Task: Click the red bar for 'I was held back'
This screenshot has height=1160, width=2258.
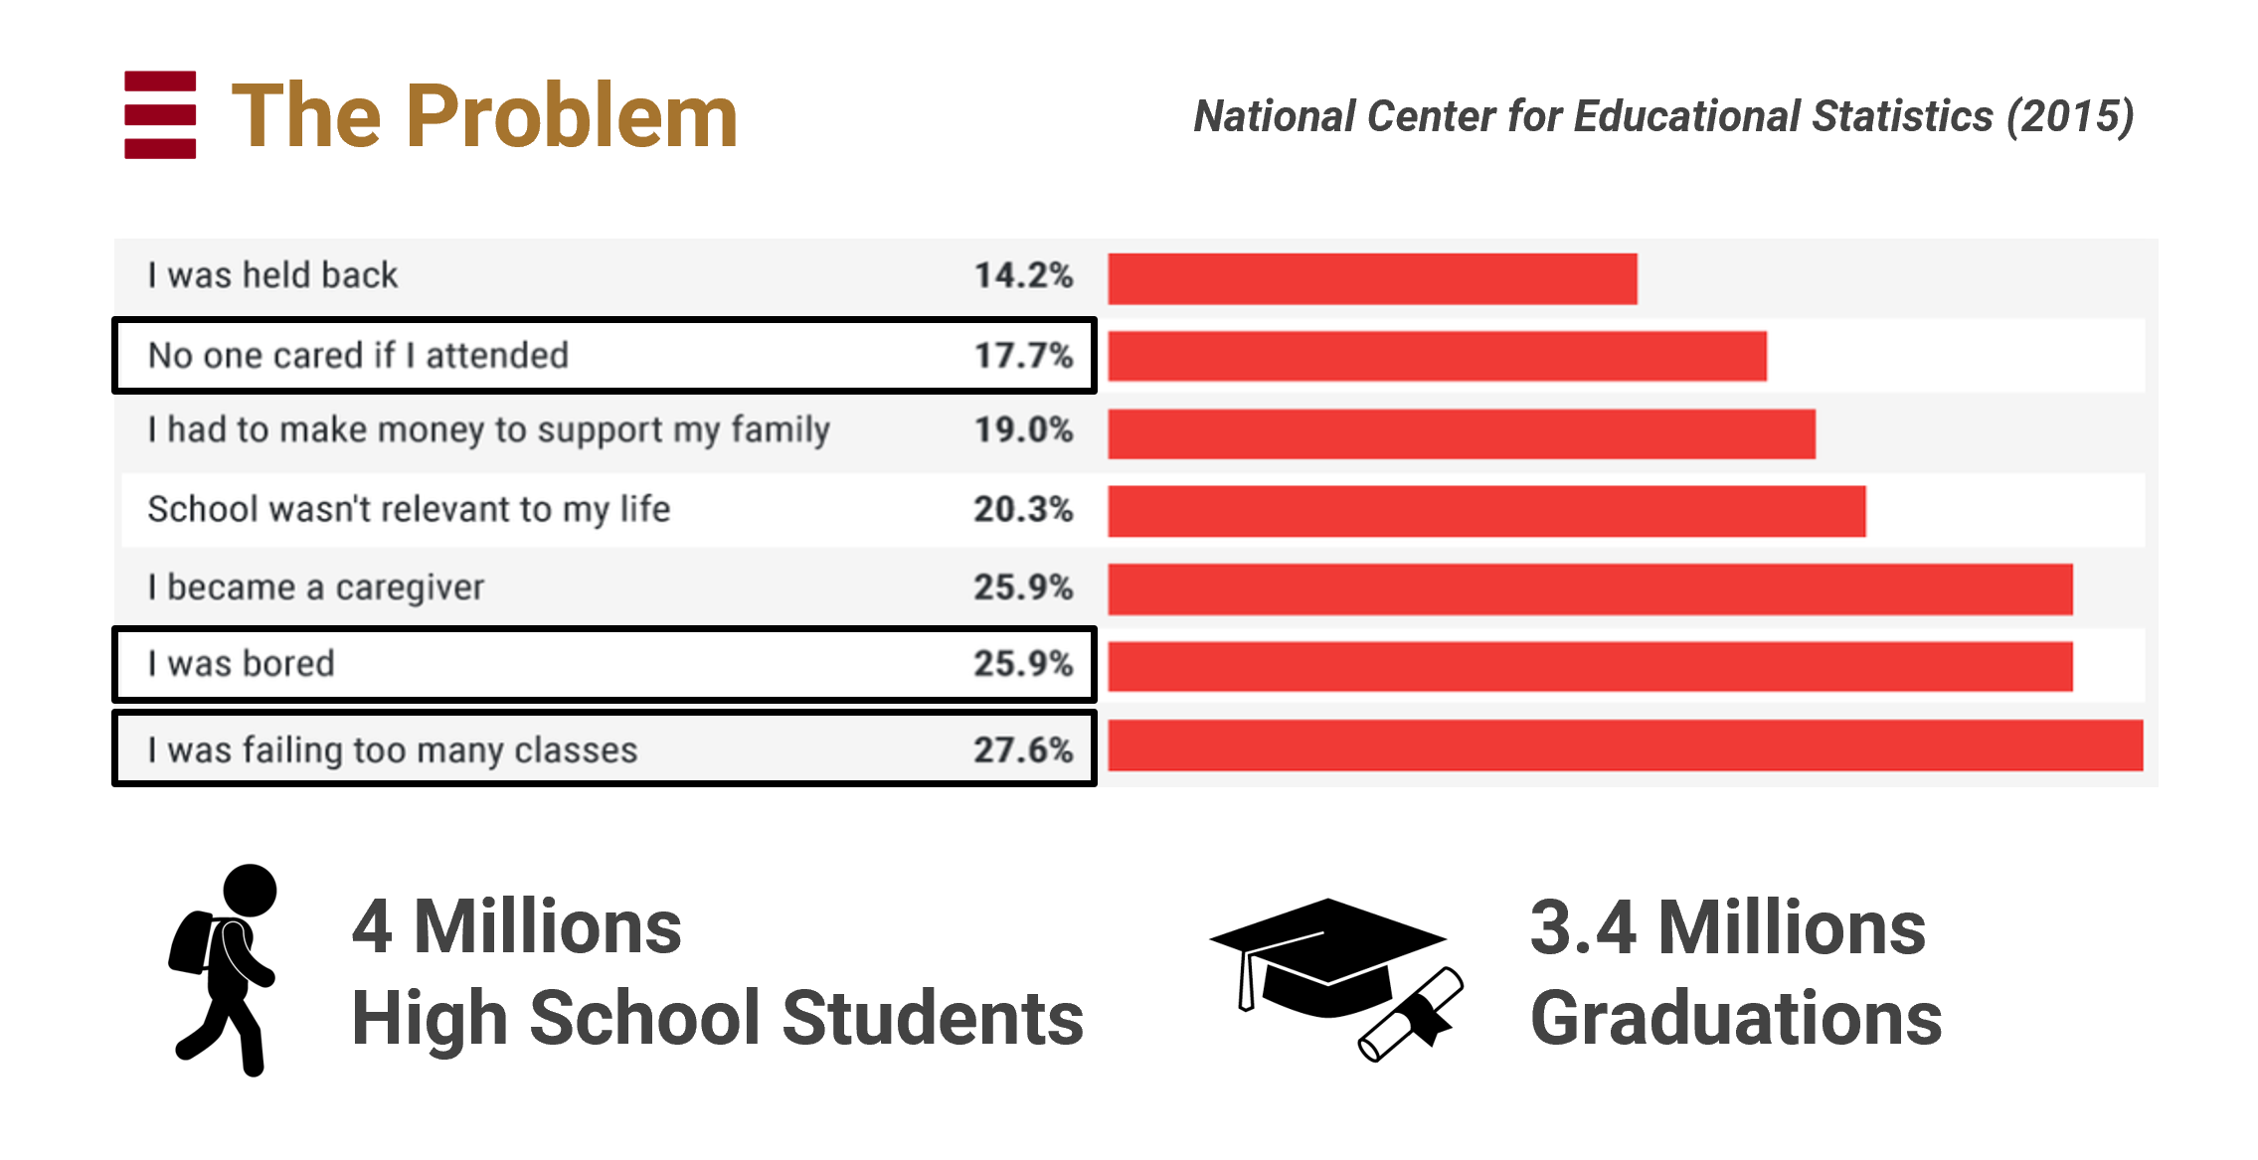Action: pyautogui.click(x=1372, y=278)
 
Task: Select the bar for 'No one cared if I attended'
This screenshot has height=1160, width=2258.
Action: pyautogui.click(x=1437, y=356)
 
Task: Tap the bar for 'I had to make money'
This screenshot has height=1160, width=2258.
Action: pyautogui.click(x=1462, y=433)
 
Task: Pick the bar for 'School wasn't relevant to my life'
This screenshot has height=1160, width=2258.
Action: pyautogui.click(x=1486, y=511)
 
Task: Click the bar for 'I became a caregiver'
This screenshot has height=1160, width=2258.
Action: pyautogui.click(x=1590, y=588)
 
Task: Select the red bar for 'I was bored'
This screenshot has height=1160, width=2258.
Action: pyautogui.click(x=1590, y=666)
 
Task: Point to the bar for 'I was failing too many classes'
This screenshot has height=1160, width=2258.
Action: pyautogui.click(x=1625, y=745)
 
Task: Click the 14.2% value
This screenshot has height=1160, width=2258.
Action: pyautogui.click(x=1023, y=275)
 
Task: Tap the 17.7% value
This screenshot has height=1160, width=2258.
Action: pyautogui.click(x=1023, y=356)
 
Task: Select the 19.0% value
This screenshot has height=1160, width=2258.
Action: pyautogui.click(x=1023, y=430)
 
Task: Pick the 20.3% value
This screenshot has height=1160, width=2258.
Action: pyautogui.click(x=1023, y=510)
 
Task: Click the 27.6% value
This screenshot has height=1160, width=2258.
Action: pyautogui.click(x=1023, y=750)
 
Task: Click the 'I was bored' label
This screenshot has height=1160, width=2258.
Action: pyautogui.click(x=242, y=664)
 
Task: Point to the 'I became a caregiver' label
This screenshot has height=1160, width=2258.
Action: pyautogui.click(x=316, y=587)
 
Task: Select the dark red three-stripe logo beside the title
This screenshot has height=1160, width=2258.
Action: pyautogui.click(x=160, y=114)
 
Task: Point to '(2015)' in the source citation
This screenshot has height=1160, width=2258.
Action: pyautogui.click(x=2070, y=116)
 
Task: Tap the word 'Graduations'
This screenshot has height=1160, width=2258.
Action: pyautogui.click(x=1736, y=1019)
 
